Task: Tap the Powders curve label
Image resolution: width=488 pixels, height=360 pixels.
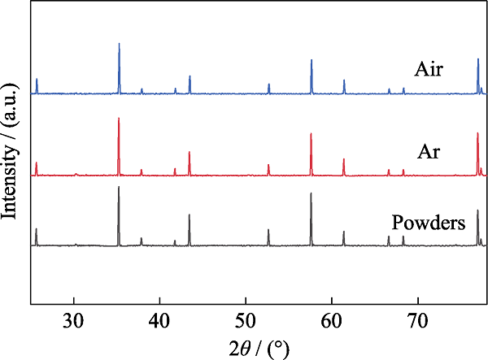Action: (x=428, y=223)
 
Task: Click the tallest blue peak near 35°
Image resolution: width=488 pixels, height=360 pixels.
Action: (x=120, y=44)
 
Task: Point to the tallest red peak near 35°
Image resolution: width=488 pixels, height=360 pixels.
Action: (x=119, y=119)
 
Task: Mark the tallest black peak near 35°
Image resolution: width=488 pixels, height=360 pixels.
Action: (x=119, y=188)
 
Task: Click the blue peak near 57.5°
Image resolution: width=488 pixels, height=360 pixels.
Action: (x=312, y=60)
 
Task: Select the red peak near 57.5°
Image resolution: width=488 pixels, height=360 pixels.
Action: (x=311, y=134)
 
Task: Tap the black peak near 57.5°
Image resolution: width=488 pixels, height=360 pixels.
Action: (x=311, y=194)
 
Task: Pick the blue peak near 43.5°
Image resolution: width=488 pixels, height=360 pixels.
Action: (x=190, y=76)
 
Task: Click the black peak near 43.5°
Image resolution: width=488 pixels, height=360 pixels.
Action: (x=190, y=215)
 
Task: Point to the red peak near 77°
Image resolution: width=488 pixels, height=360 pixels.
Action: (x=477, y=134)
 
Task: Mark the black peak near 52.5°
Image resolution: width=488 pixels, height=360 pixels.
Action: (x=268, y=230)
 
